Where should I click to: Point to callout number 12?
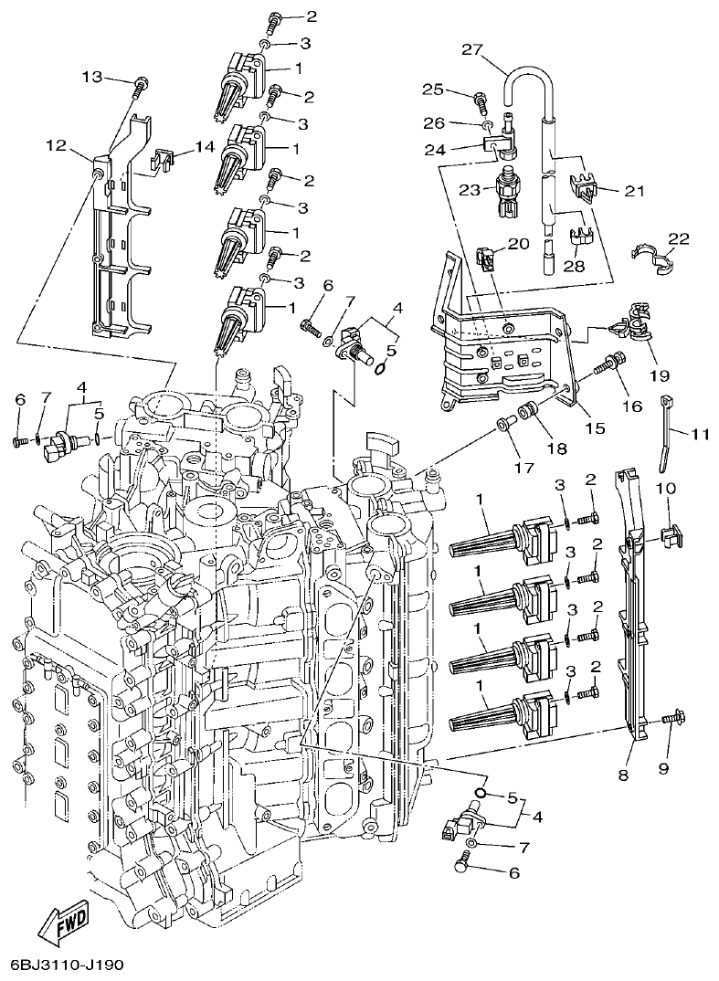57,144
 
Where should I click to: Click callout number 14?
204,146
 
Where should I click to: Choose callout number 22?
678,239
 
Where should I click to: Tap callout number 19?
659,375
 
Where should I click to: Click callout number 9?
663,768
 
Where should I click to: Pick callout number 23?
469,191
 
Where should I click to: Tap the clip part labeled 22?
650,257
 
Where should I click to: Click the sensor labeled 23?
504,190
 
